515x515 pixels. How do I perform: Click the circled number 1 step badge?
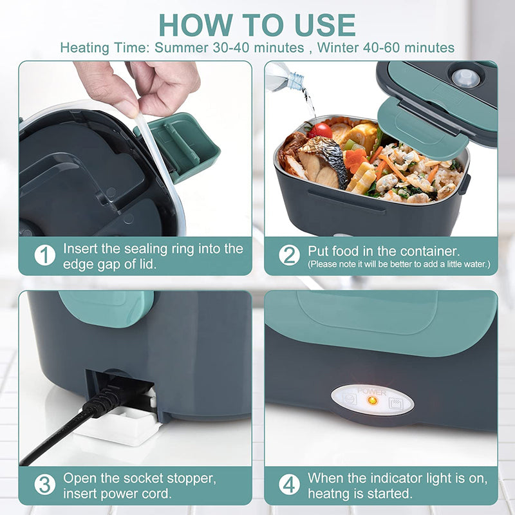click(44, 255)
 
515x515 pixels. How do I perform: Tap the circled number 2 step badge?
click(289, 255)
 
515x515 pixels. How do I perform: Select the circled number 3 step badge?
click(44, 484)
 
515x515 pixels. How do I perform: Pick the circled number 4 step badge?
click(289, 484)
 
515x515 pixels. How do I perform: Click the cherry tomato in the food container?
click(320, 131)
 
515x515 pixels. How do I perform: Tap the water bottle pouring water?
click(286, 75)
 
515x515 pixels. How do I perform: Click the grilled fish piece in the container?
click(320, 161)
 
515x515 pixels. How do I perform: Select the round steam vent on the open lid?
click(465, 78)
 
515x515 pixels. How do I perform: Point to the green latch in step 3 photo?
click(106, 308)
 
